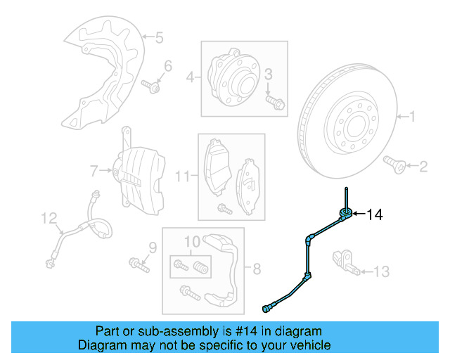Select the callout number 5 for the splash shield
159,37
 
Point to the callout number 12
47,219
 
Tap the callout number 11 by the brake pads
181,175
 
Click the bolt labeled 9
139,265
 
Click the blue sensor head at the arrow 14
345,214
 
